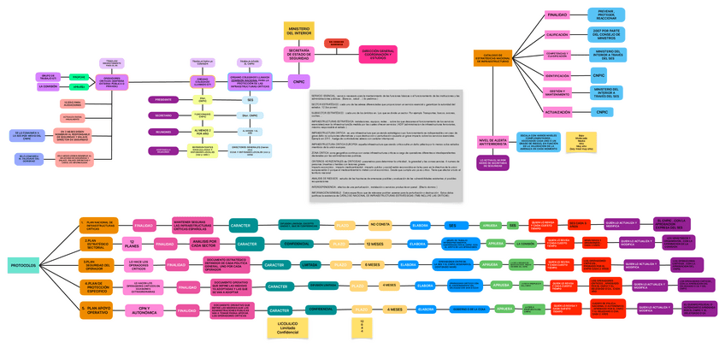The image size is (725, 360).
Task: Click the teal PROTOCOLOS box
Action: tap(23, 265)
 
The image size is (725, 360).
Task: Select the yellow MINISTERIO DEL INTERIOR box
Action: tap(299, 32)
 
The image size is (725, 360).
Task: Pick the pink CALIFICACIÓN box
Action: tap(557, 35)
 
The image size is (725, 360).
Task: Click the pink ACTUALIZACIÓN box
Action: tap(557, 112)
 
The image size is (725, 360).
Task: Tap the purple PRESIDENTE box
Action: tap(163, 99)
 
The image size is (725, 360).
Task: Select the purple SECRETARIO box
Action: tap(163, 115)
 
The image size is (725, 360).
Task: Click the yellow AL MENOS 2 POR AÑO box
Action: tap(202, 132)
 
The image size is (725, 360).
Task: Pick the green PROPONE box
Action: tap(78, 76)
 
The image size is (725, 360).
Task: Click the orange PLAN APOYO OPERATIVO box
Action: tap(97, 310)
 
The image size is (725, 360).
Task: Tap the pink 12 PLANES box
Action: tap(132, 244)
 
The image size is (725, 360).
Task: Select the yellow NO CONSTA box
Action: tap(380, 225)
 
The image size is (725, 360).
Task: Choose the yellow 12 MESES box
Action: tap(374, 244)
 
